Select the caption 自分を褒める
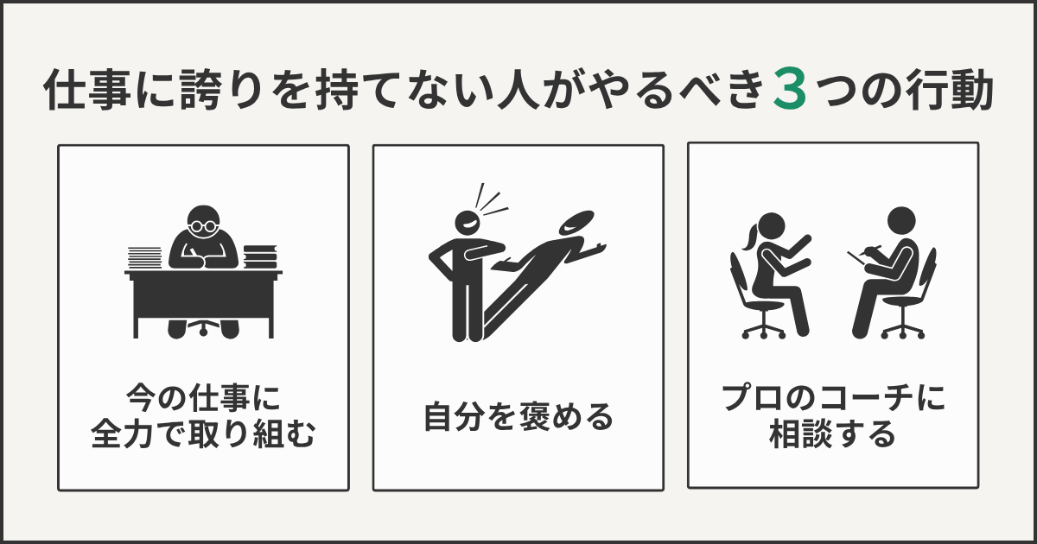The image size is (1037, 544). (x=518, y=417)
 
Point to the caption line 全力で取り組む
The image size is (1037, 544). (x=203, y=436)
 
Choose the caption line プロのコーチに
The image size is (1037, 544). (x=833, y=399)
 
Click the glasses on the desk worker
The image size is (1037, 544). (x=204, y=225)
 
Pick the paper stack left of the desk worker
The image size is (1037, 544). (x=144, y=257)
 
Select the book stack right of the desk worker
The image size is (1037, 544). (x=259, y=256)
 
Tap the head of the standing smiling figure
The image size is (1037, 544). (x=467, y=224)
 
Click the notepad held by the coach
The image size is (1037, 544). (x=858, y=256)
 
